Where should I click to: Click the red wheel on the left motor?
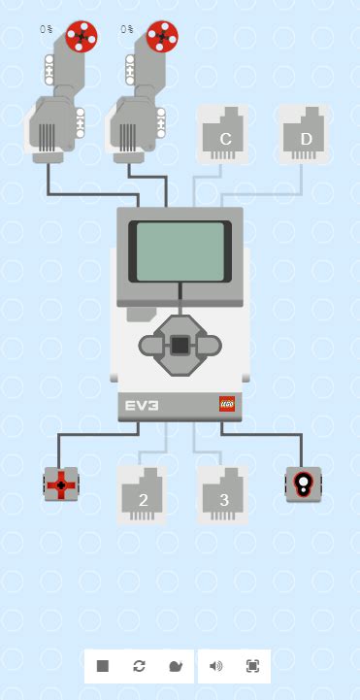coord(82,37)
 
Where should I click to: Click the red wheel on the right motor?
coord(162,37)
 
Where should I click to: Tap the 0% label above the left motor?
coord(47,29)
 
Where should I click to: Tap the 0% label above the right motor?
coord(127,29)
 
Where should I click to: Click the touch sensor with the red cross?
coord(61,483)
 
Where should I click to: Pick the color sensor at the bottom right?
coord(303,483)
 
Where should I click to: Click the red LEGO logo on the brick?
coord(227,405)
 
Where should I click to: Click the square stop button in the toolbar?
coord(103,666)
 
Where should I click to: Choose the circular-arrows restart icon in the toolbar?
coord(140,666)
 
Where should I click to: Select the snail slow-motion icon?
coord(175,666)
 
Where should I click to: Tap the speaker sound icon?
coord(215,666)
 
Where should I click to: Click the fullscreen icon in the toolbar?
coord(252,666)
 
